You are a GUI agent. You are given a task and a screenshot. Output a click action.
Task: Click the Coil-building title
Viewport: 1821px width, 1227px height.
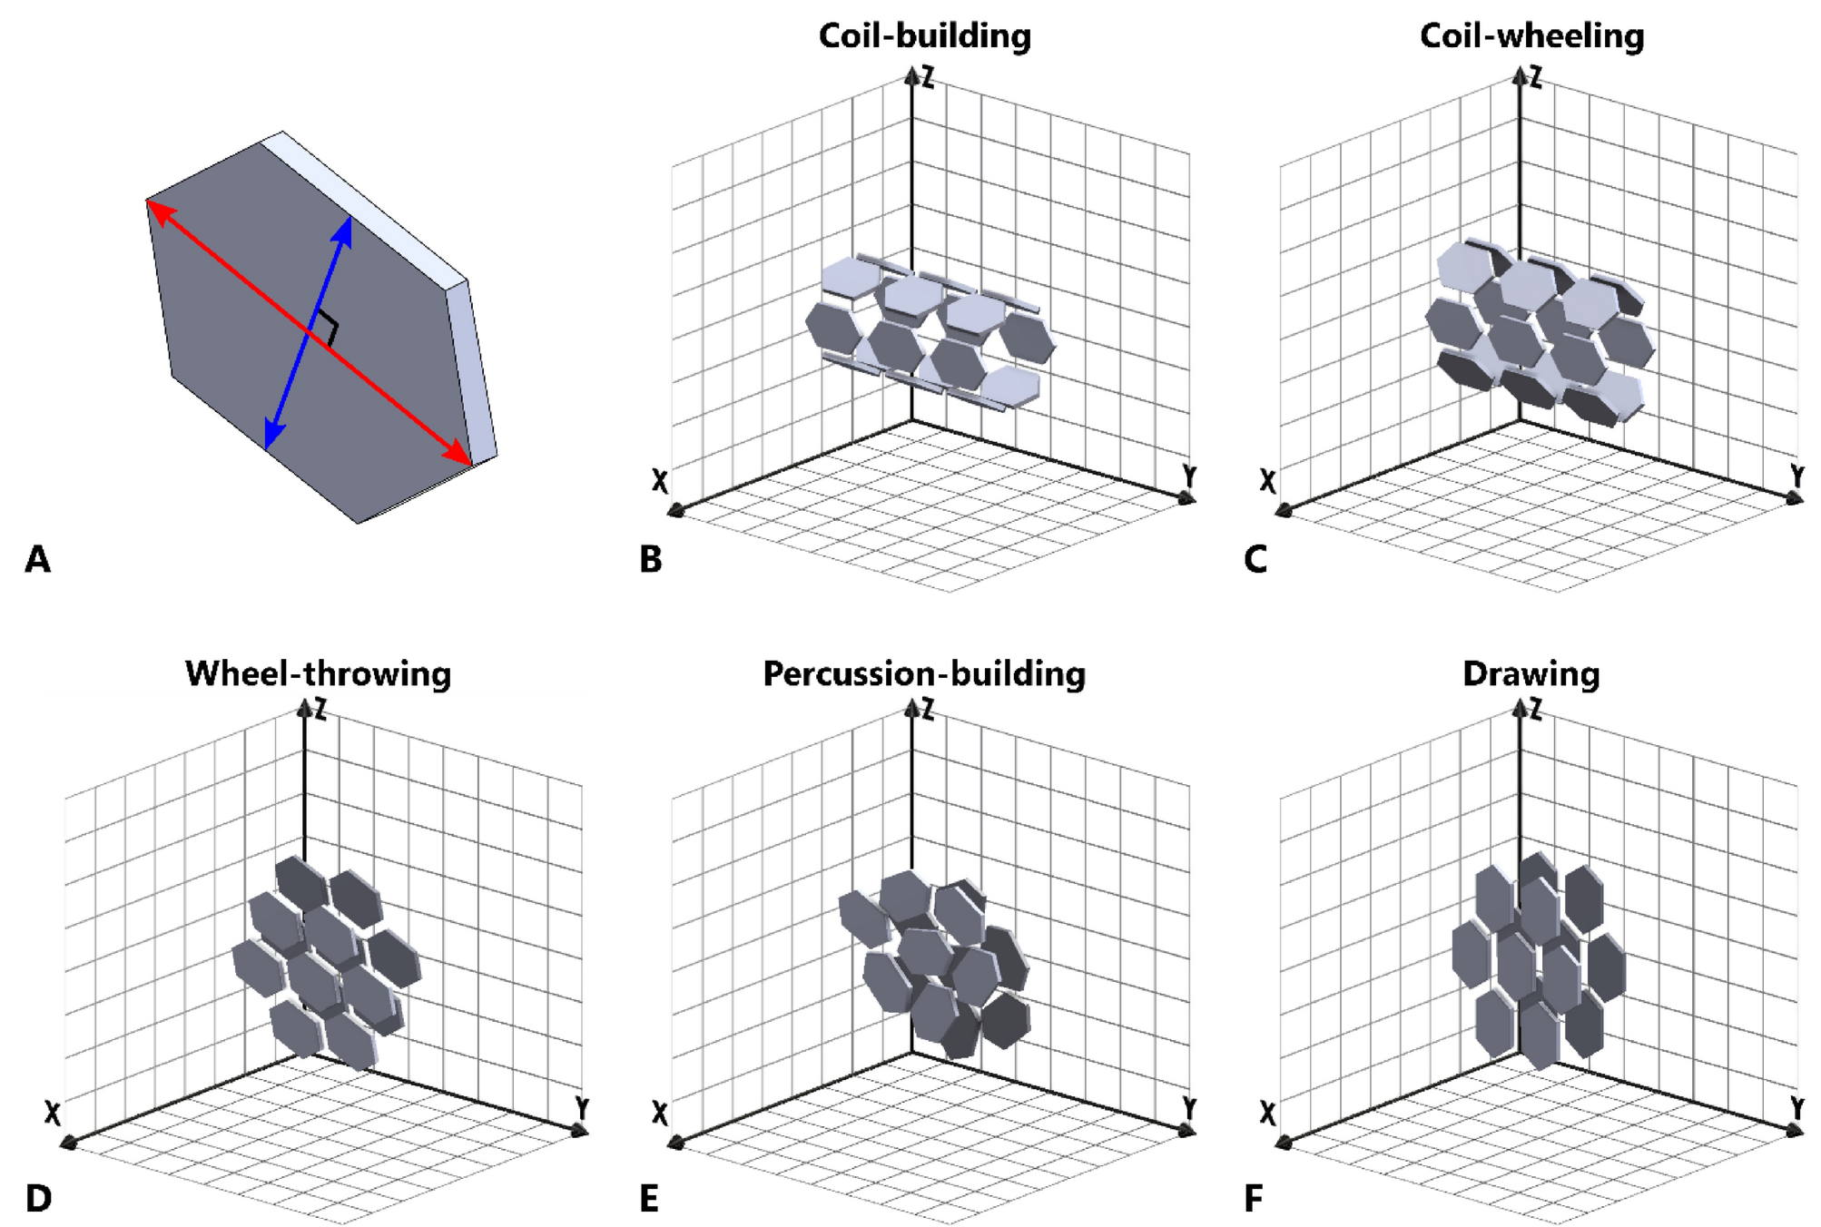924,36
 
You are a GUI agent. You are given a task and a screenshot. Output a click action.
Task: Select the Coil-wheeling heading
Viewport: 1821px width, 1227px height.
1531,36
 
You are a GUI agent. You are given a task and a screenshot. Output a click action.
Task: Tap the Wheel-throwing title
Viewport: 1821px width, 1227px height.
318,674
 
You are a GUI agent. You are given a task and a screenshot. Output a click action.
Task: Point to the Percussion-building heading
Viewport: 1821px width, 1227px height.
924,674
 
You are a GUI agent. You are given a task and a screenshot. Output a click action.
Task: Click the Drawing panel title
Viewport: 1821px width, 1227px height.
1531,674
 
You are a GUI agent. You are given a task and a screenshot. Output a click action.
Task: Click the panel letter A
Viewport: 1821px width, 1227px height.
37,560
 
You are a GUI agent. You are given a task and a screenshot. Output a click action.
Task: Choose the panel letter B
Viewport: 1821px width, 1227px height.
650,560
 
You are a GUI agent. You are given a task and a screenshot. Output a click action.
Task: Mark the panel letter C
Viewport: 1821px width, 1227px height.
1255,560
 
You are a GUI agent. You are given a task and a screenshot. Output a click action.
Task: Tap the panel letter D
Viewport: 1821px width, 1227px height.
38,1199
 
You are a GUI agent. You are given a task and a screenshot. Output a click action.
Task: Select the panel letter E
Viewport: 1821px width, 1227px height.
648,1199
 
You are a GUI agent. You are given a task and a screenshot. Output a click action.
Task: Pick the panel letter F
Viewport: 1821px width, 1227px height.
1253,1199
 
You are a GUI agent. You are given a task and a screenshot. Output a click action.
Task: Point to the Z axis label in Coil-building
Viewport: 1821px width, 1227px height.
928,77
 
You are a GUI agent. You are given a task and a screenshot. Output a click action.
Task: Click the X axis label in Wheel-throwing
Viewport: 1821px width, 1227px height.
53,1113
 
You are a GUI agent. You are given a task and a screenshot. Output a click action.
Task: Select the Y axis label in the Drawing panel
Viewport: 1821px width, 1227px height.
1796,1108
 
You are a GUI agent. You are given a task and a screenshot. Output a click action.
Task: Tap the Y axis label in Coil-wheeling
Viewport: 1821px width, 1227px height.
1796,476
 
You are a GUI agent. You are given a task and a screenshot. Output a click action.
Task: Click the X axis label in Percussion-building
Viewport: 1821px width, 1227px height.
660,1113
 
